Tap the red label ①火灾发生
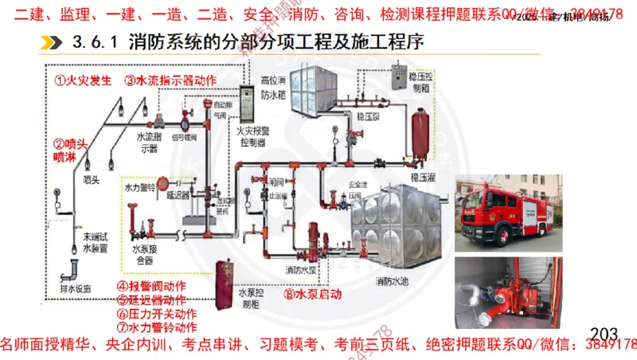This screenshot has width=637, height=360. point(82,80)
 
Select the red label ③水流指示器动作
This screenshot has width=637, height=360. point(170,80)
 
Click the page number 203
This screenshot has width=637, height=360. point(604,332)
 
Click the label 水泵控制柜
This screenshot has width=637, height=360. point(251,299)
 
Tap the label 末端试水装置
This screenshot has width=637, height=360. point(94,242)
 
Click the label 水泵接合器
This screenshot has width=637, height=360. point(143,254)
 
